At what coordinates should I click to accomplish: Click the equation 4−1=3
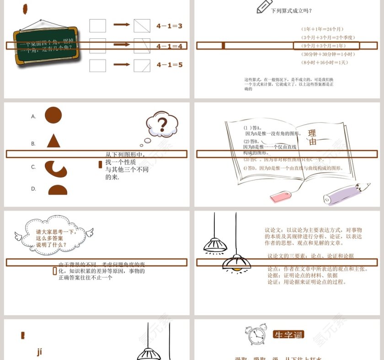(x=169, y=26)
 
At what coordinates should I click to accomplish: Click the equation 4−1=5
(x=169, y=65)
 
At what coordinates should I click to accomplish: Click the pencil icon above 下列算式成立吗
(x=264, y=6)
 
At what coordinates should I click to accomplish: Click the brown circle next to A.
(x=53, y=116)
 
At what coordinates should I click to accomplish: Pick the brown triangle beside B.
(x=53, y=141)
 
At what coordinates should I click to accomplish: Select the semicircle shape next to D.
(x=58, y=190)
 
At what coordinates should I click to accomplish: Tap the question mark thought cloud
(x=161, y=124)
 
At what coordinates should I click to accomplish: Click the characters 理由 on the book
(x=312, y=138)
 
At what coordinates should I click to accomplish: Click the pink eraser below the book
(x=281, y=196)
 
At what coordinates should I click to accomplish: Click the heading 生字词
(x=288, y=335)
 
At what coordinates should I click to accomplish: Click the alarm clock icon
(x=256, y=336)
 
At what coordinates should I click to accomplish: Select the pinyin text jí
(x=39, y=351)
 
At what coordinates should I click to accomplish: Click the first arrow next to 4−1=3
(x=122, y=25)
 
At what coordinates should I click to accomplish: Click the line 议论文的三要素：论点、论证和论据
(x=310, y=256)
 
